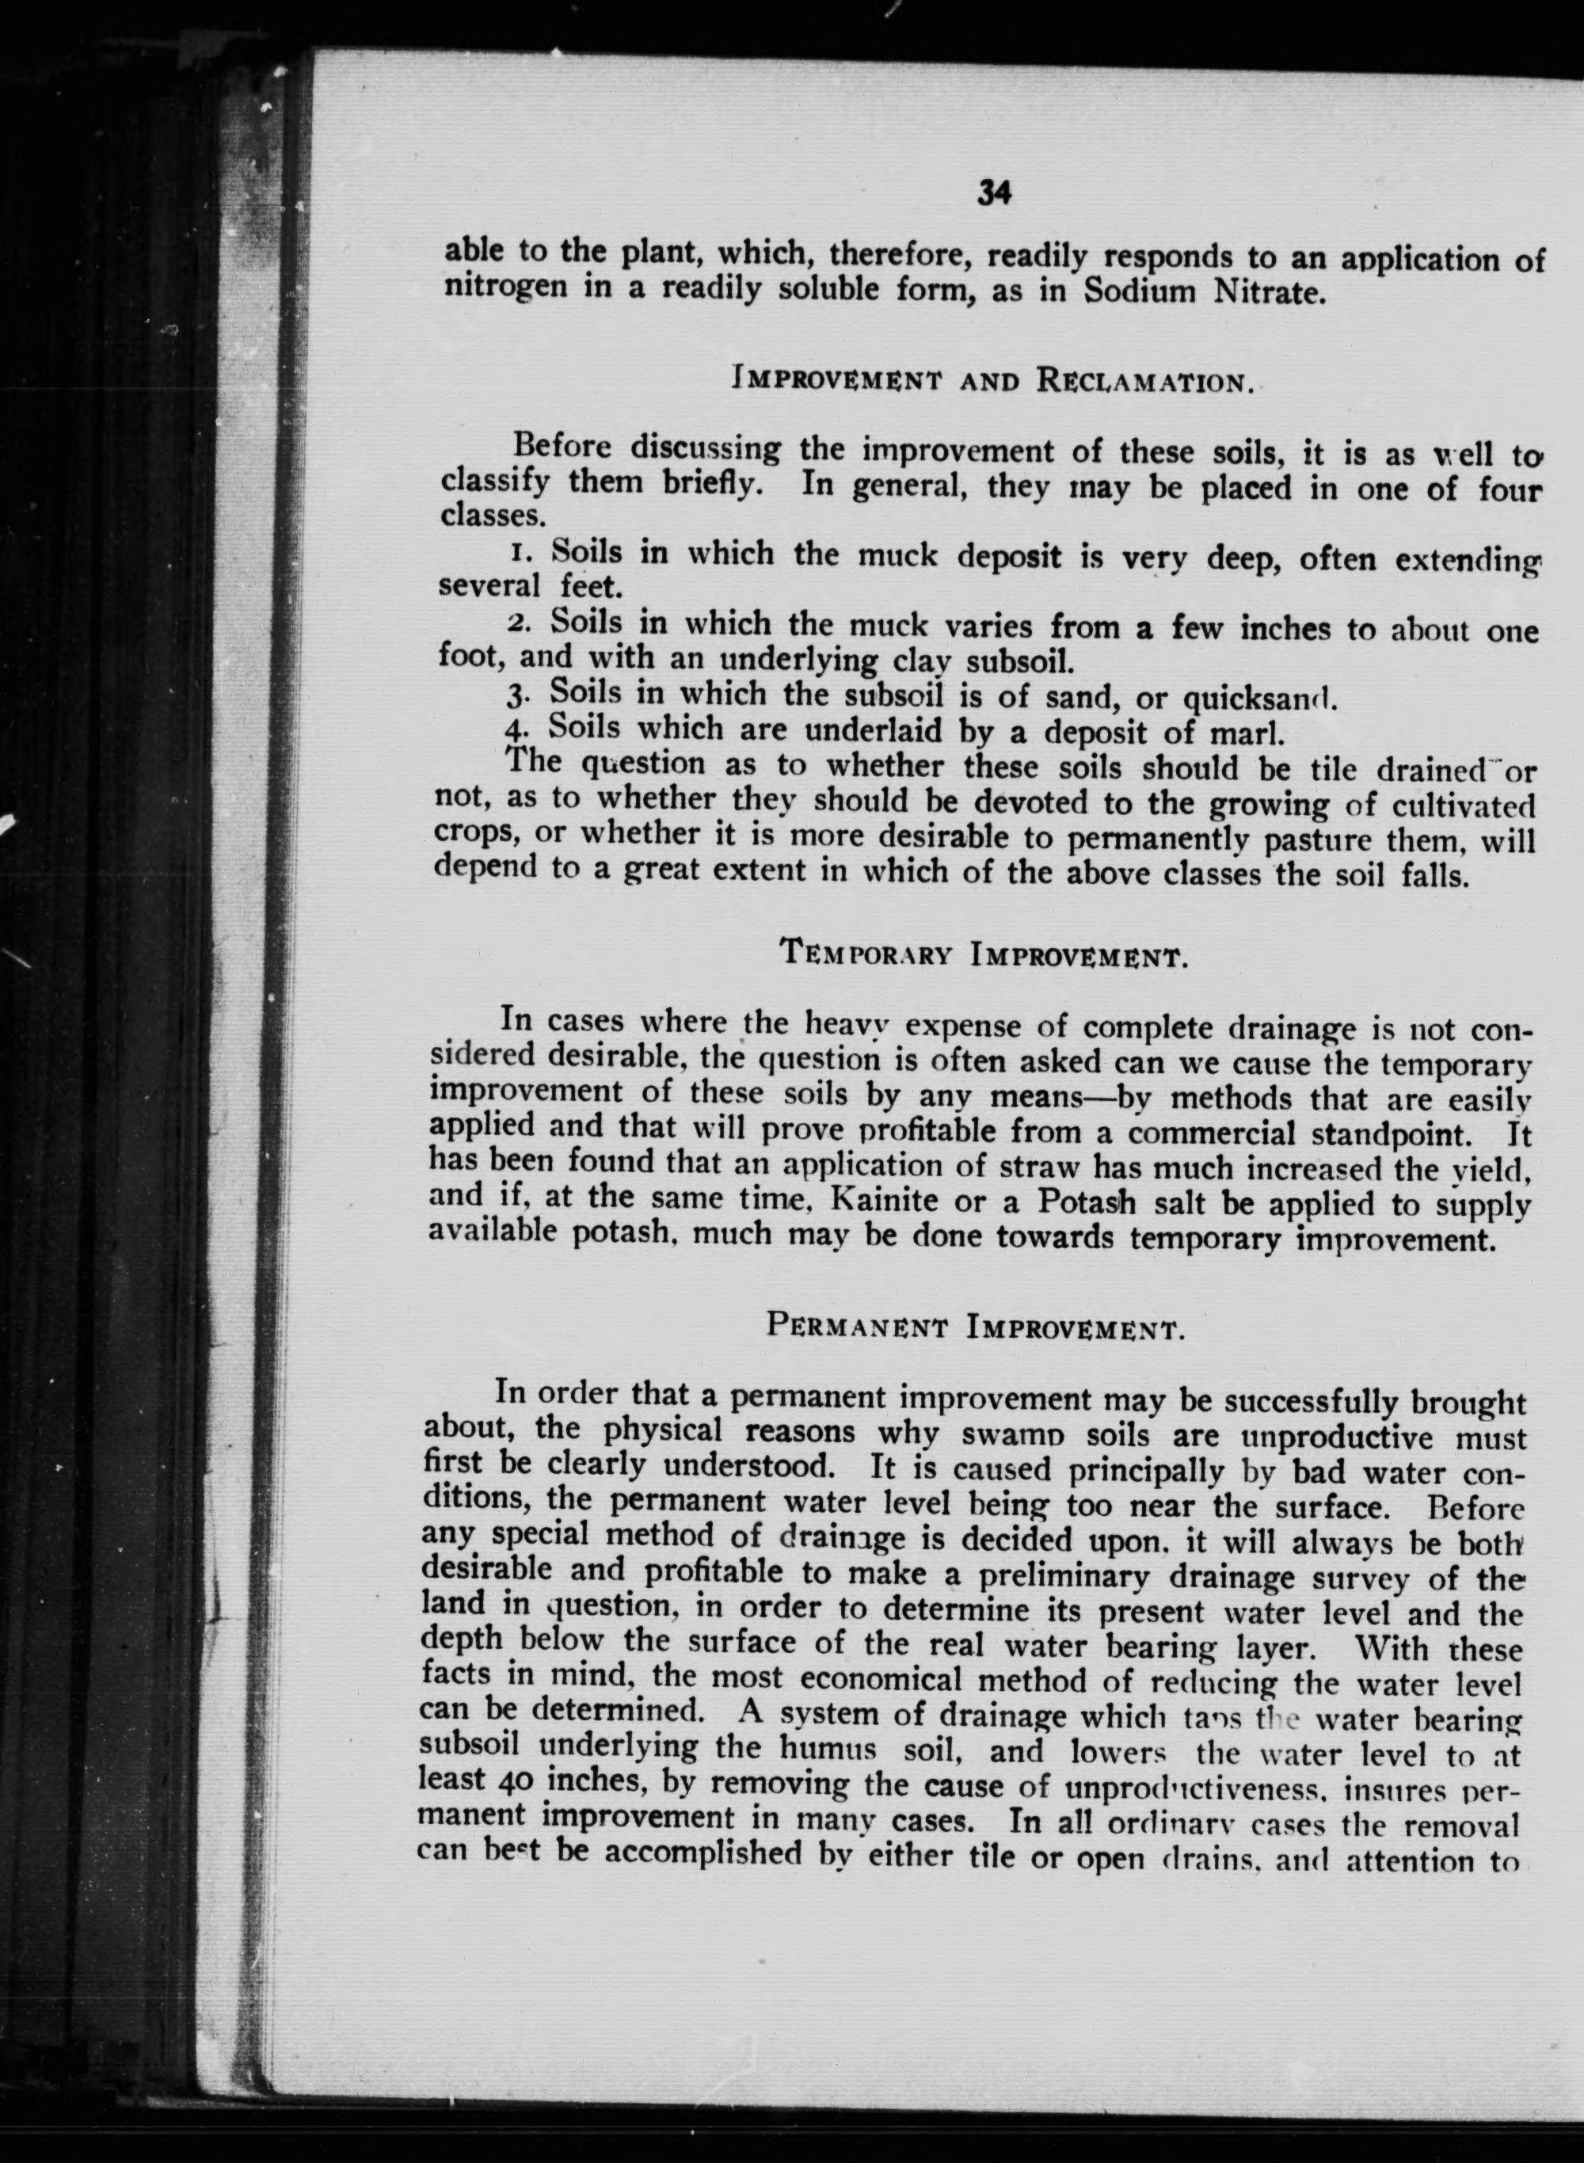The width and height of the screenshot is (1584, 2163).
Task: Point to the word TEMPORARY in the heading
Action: (866, 954)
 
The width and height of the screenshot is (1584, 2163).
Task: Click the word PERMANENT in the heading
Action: (857, 1327)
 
